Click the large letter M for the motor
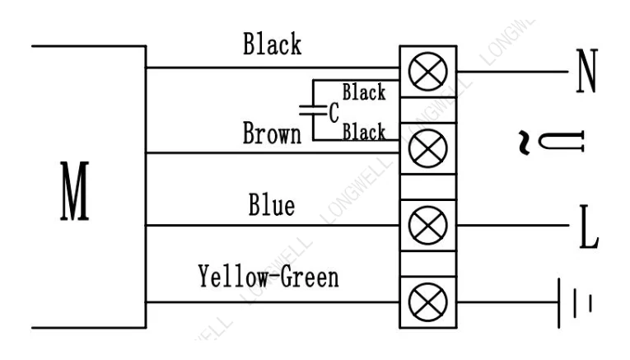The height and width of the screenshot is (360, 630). pyautogui.click(x=75, y=191)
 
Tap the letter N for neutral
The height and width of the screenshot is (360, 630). pyautogui.click(x=587, y=71)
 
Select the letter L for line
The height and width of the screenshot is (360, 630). pyautogui.click(x=589, y=227)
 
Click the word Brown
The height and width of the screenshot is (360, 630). pyautogui.click(x=272, y=133)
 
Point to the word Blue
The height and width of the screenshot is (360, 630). pyautogui.click(x=272, y=205)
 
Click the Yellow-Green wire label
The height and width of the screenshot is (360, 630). pyautogui.click(x=268, y=277)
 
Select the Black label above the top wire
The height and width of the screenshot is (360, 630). pyautogui.click(x=272, y=44)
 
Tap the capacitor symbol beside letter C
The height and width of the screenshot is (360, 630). pyautogui.click(x=314, y=110)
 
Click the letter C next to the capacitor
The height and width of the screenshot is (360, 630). pyautogui.click(x=334, y=113)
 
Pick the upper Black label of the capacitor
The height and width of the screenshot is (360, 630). pyautogui.click(x=364, y=92)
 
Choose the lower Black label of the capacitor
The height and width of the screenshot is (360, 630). pyautogui.click(x=364, y=132)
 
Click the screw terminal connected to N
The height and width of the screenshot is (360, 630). pyautogui.click(x=428, y=72)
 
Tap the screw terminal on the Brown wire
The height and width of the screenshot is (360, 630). pyautogui.click(x=428, y=148)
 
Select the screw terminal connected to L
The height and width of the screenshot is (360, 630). pyautogui.click(x=428, y=226)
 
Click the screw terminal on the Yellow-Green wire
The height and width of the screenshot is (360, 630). pyautogui.click(x=428, y=302)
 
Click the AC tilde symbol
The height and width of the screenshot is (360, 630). pyautogui.click(x=524, y=143)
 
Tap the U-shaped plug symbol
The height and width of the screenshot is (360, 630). pyautogui.click(x=562, y=142)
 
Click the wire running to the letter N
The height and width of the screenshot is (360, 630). pyautogui.click(x=513, y=72)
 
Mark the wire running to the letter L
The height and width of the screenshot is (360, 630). pyautogui.click(x=513, y=226)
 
